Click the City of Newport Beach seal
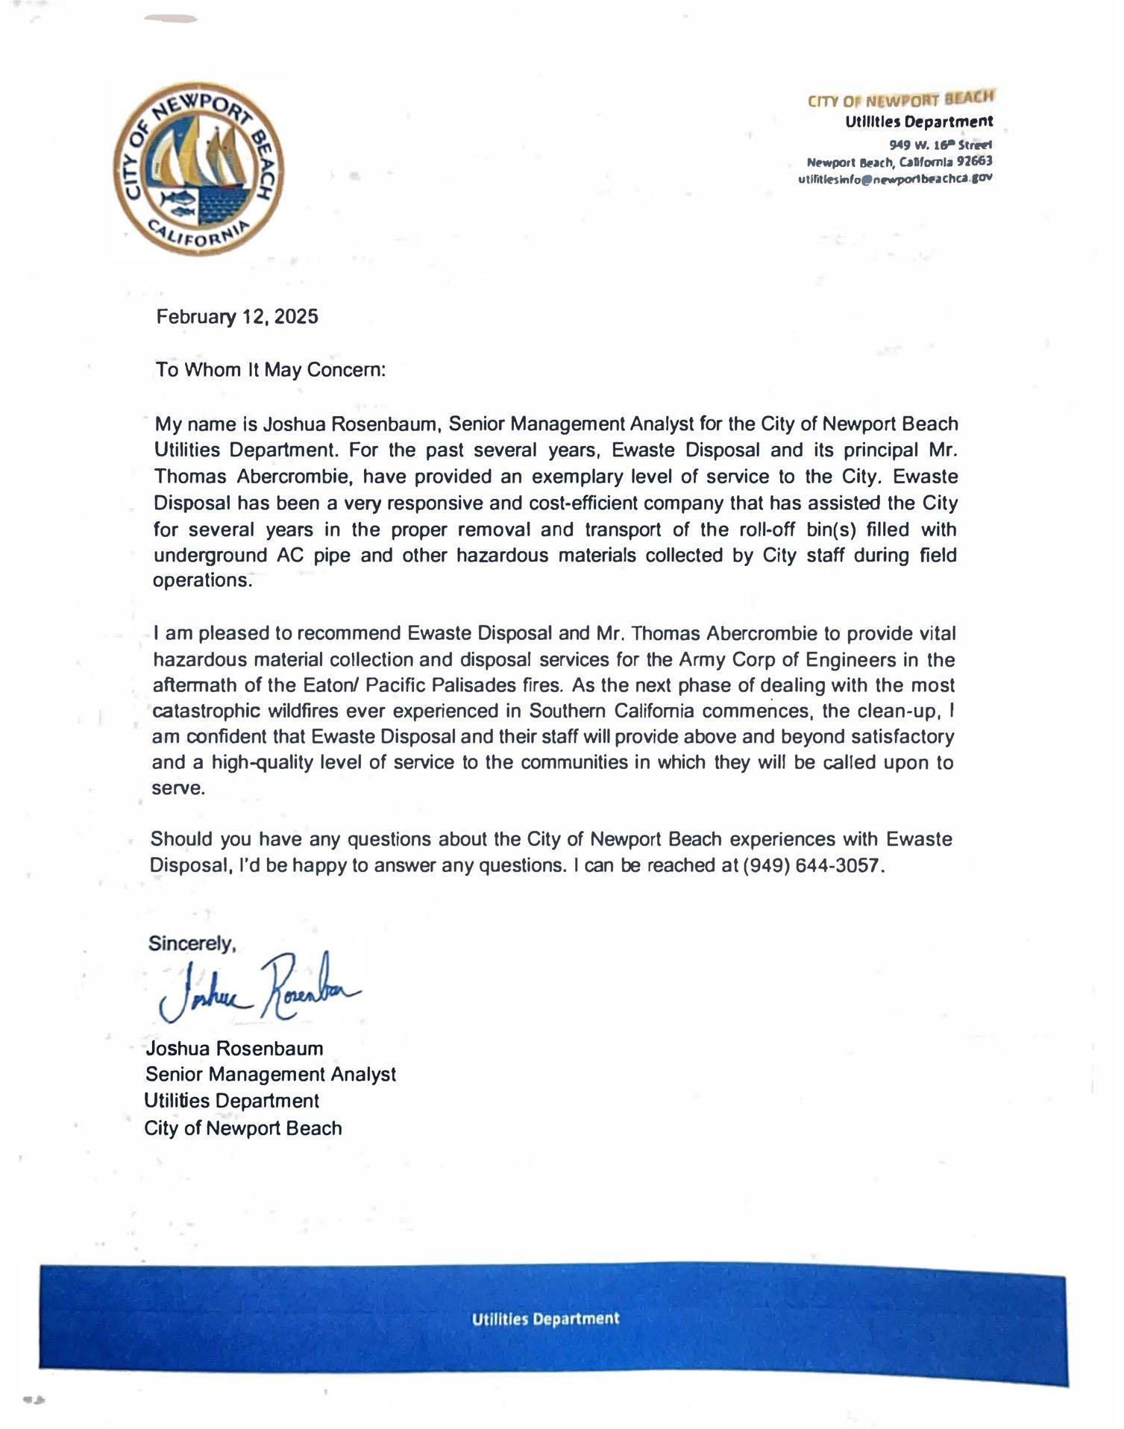(x=201, y=169)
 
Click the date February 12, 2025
(x=237, y=317)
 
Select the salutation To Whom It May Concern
(x=271, y=371)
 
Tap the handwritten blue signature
(x=257, y=986)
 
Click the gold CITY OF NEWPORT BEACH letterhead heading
(x=901, y=99)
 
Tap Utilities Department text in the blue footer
(x=545, y=1319)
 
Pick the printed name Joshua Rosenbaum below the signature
(x=234, y=1049)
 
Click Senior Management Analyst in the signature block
(x=271, y=1075)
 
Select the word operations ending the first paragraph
(x=202, y=581)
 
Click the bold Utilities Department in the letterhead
(x=919, y=122)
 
